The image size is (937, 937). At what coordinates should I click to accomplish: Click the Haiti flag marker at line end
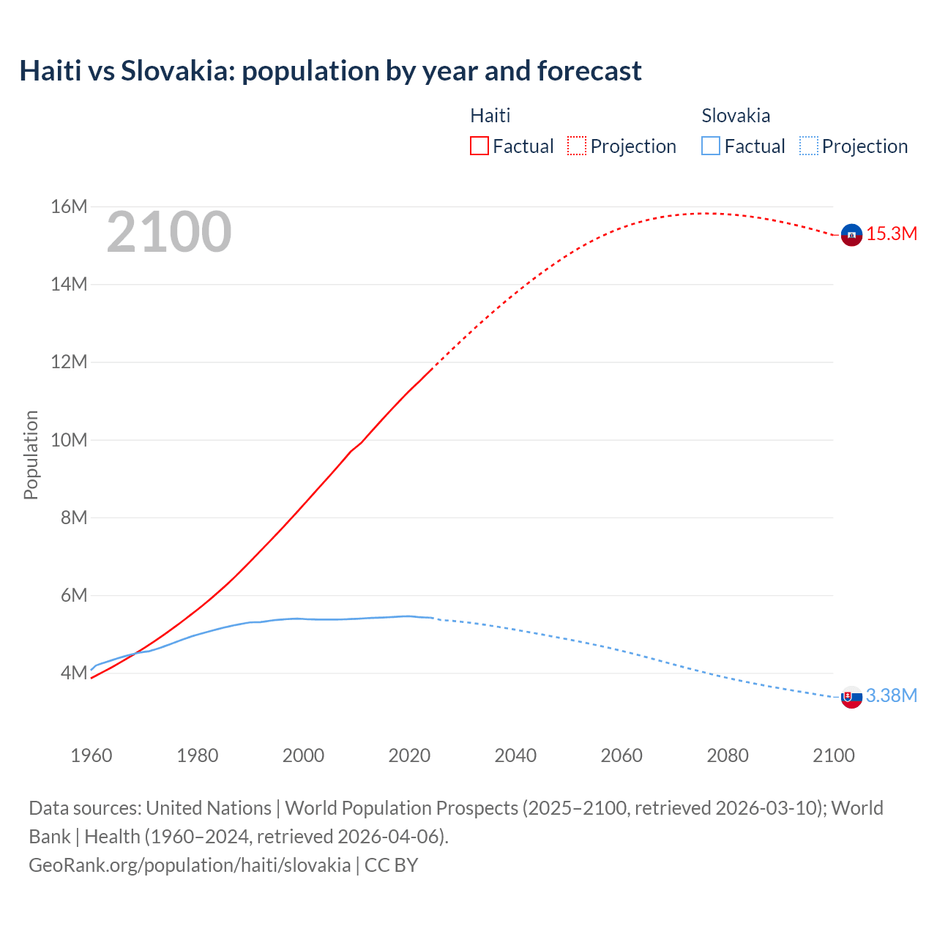point(851,234)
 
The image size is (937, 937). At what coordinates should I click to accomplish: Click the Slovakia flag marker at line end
point(851,697)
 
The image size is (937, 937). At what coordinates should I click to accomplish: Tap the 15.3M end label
point(892,234)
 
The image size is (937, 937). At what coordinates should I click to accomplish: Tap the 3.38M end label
point(892,696)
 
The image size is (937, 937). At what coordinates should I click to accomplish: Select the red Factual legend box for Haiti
point(479,146)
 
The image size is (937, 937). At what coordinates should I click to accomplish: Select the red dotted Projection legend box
point(577,146)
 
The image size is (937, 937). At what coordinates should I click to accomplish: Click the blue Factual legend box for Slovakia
point(711,146)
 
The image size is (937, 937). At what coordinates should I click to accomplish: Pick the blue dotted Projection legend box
point(809,146)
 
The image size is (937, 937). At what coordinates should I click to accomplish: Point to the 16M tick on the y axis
point(70,207)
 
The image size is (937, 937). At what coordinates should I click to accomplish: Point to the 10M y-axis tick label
point(70,440)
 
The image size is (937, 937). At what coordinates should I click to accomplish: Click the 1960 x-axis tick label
point(92,755)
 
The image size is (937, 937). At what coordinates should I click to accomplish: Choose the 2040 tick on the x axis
point(515,755)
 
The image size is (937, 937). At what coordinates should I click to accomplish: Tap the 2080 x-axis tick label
point(728,755)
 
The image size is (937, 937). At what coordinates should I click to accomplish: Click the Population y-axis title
point(31,455)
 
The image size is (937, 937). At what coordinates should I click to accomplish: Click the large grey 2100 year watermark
point(169,232)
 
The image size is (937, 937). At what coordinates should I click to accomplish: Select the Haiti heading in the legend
point(490,116)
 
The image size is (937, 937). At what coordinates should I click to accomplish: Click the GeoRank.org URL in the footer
point(190,865)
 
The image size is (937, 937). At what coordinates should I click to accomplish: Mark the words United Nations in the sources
point(209,808)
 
